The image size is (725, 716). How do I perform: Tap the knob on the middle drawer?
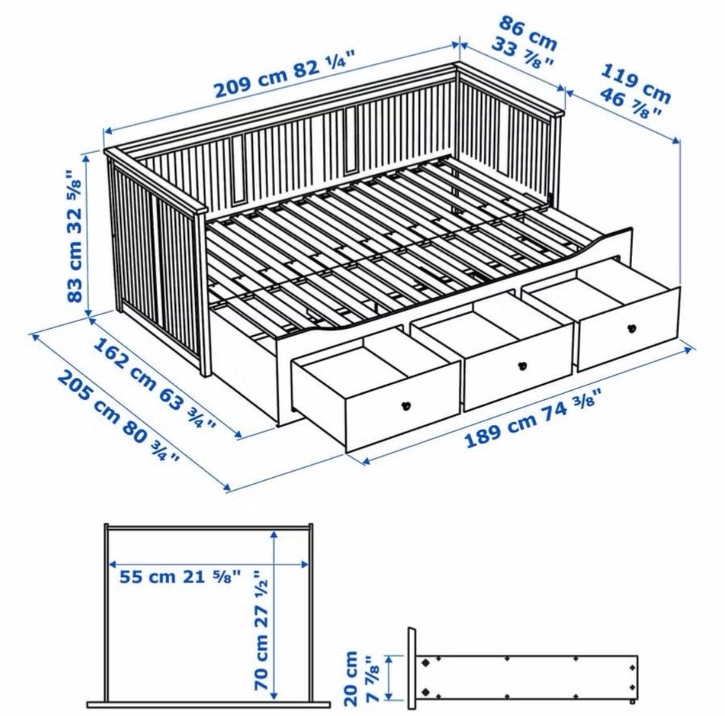click(x=523, y=364)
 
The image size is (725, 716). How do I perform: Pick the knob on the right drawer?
click(x=632, y=329)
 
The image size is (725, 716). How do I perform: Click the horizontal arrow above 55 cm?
click(x=208, y=564)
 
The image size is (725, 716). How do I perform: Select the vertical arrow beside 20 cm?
click(x=390, y=677)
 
